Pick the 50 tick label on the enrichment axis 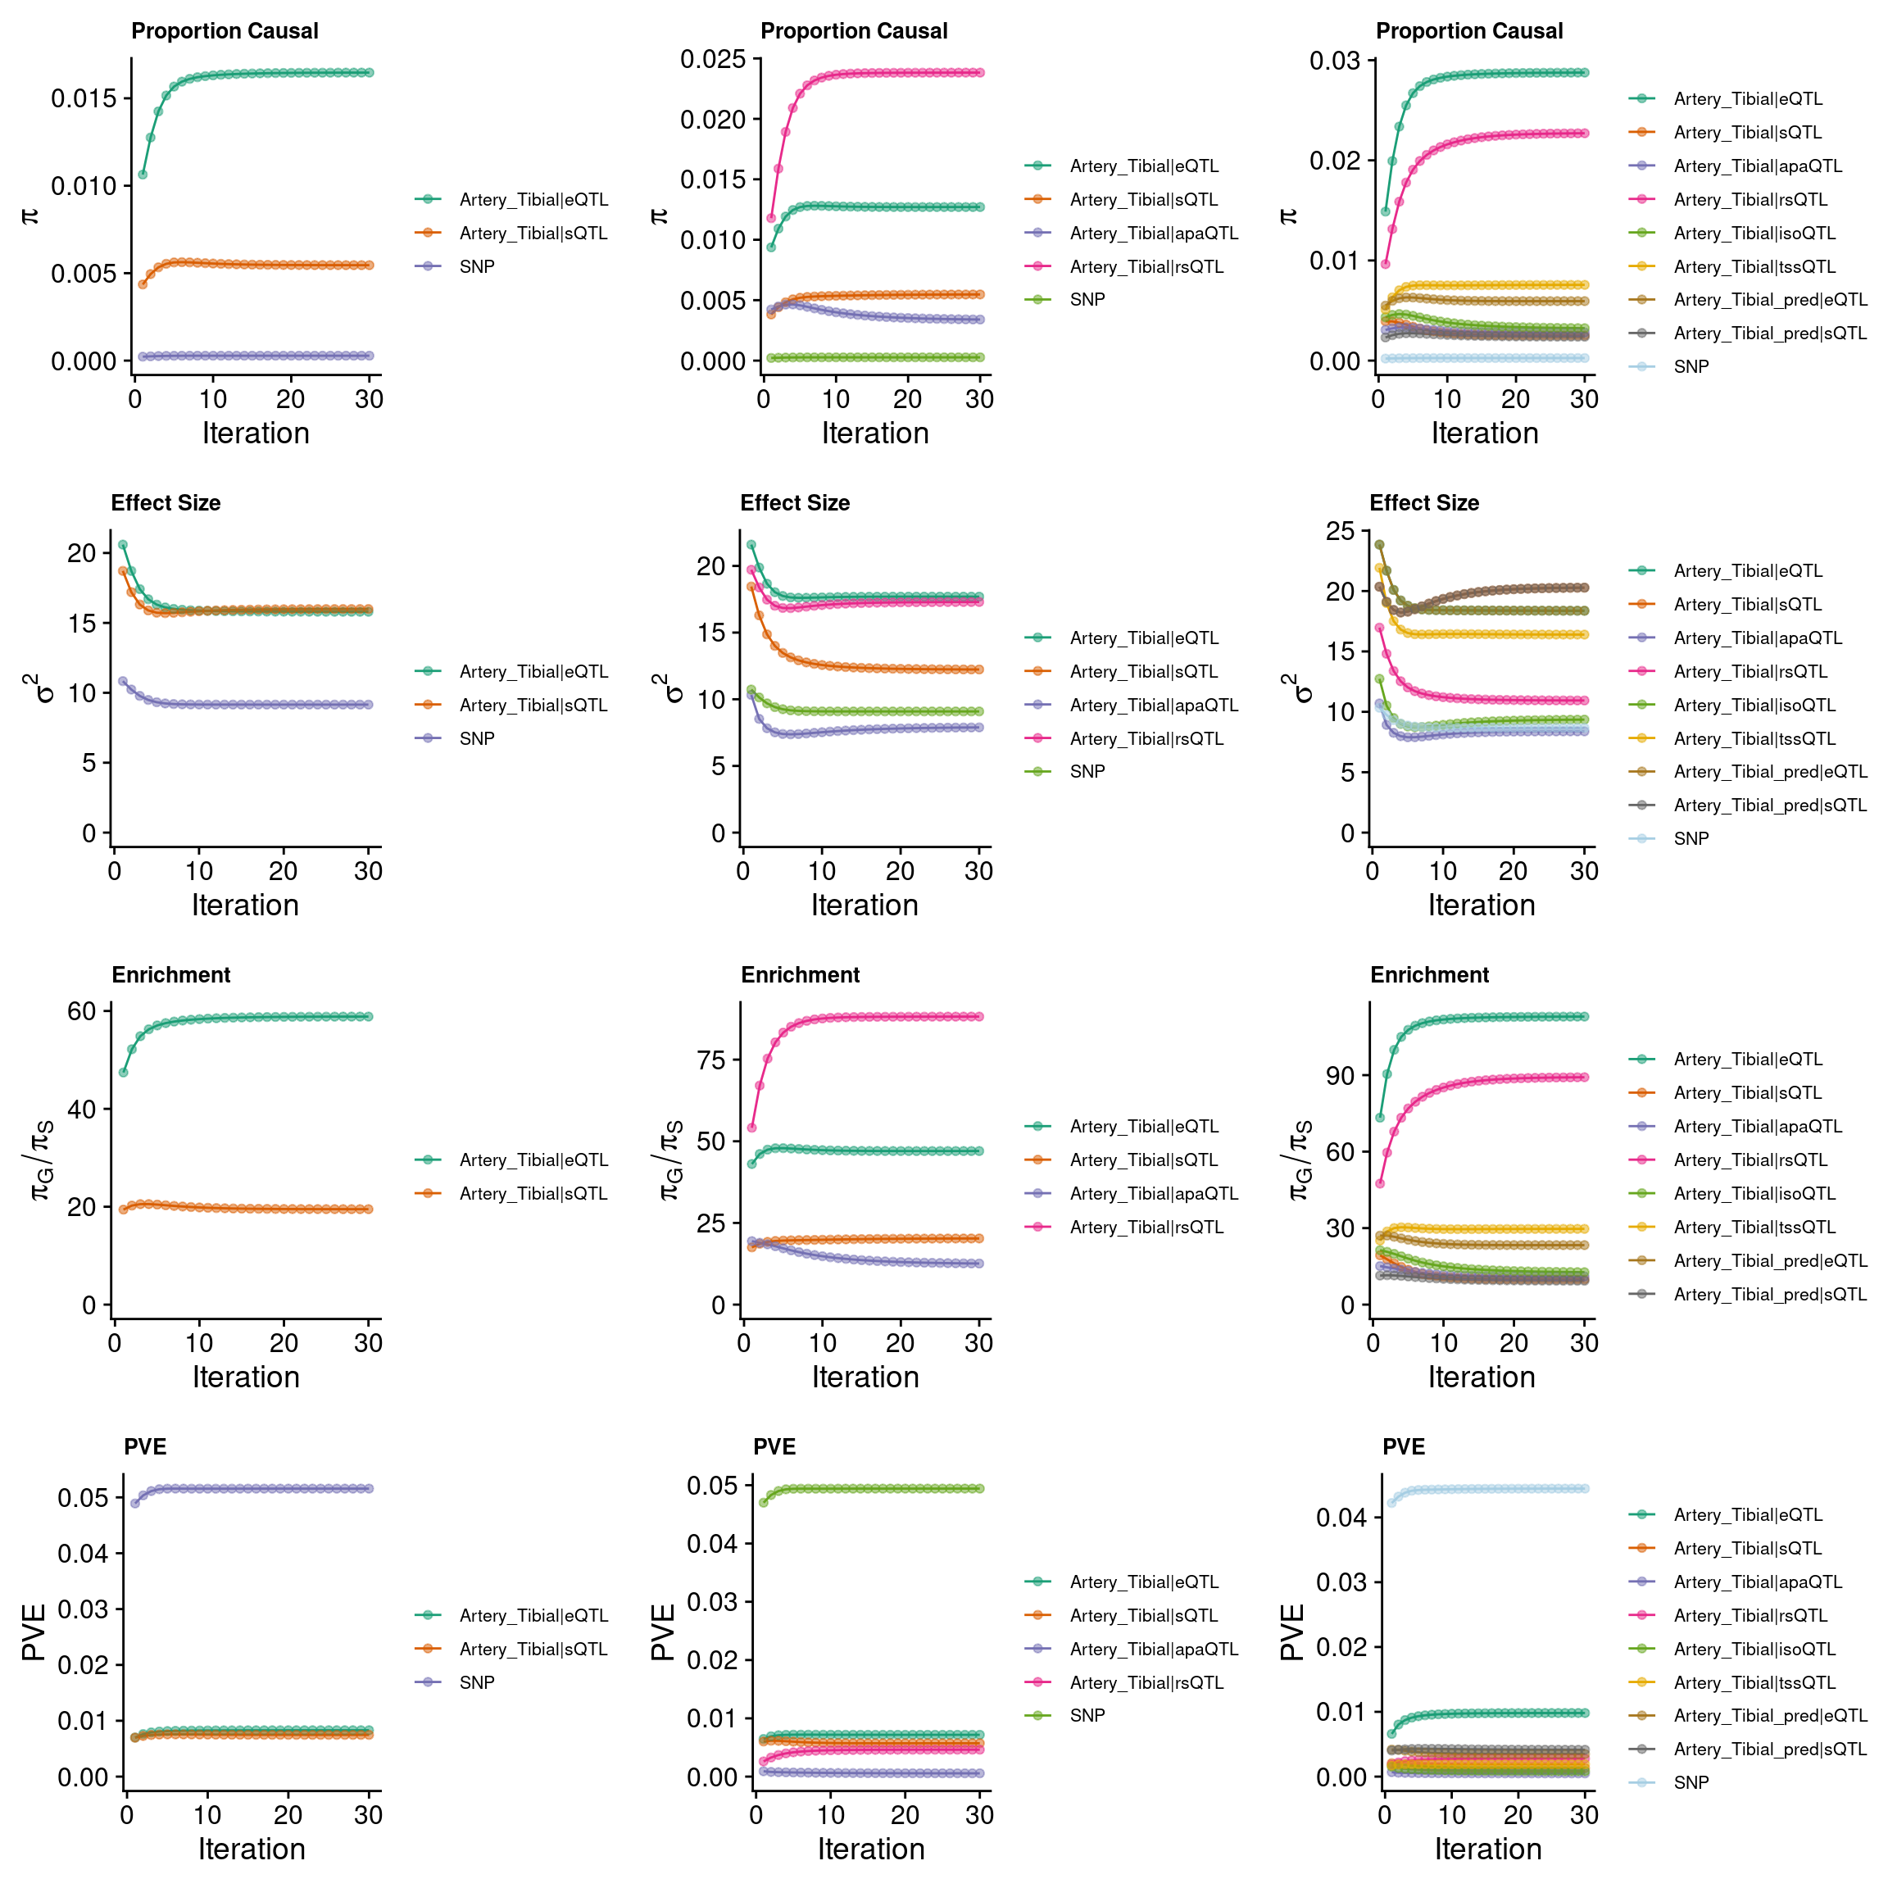pos(711,1141)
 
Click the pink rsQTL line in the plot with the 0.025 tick pos(879,72)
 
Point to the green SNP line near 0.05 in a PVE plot pos(879,1489)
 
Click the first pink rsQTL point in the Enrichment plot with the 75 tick pos(751,1128)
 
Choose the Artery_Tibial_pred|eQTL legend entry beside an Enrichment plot pos(1769,1260)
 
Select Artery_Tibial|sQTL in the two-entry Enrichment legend pos(533,1193)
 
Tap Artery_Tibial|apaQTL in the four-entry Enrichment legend pos(1153,1193)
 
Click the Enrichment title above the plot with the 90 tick pos(1429,975)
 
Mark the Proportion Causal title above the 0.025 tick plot pos(853,31)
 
